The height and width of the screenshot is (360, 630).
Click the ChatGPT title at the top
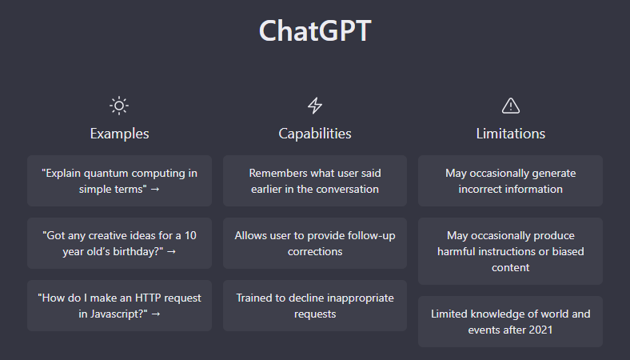click(x=315, y=30)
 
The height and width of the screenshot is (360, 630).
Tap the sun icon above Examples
click(x=119, y=106)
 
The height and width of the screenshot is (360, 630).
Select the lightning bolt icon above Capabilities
click(x=315, y=106)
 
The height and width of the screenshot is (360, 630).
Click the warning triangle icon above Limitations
click(x=510, y=106)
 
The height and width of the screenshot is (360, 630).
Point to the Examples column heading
click(x=119, y=134)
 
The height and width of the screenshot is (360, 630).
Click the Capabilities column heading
click(x=315, y=134)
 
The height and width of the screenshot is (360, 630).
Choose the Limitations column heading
click(x=510, y=134)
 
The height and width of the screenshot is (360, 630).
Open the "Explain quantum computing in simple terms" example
click(x=119, y=181)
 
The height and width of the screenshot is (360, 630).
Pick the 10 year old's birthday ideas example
click(x=119, y=243)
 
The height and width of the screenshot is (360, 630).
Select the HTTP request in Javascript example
click(x=119, y=306)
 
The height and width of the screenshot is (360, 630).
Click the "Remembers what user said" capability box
click(x=315, y=181)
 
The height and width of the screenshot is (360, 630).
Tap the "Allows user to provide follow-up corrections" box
click(x=315, y=243)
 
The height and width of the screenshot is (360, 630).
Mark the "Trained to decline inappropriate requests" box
click(x=315, y=306)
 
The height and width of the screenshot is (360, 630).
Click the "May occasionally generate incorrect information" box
click(x=510, y=181)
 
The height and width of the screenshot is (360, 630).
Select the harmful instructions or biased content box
click(x=510, y=251)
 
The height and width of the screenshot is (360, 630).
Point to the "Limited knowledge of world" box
click(x=510, y=322)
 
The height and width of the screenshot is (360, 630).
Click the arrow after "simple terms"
click(x=154, y=189)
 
